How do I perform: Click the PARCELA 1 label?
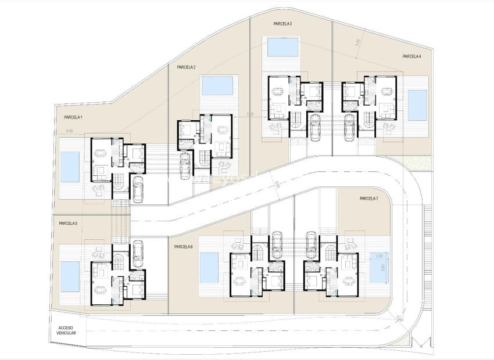[73, 117]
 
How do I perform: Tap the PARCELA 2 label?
[186, 67]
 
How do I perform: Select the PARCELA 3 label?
[282, 24]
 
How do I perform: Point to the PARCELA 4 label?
[411, 56]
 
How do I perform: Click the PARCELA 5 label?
[68, 223]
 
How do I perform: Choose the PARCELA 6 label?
[183, 247]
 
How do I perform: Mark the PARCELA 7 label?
[369, 199]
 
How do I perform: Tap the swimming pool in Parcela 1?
[70, 167]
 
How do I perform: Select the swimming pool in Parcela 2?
[217, 85]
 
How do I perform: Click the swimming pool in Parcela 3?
[282, 46]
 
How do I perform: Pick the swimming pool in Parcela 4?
[417, 105]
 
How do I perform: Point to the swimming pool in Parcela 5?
[70, 276]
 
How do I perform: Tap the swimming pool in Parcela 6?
[209, 268]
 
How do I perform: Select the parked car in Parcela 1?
[138, 189]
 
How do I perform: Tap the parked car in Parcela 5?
[138, 253]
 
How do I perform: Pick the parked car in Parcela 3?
[314, 128]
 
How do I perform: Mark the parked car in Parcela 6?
[277, 244]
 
